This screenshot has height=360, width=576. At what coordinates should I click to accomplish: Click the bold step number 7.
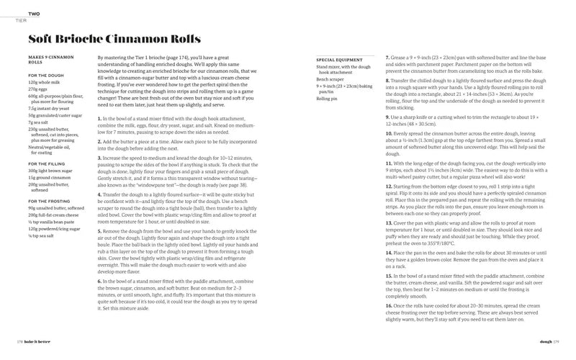(x=387, y=56)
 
